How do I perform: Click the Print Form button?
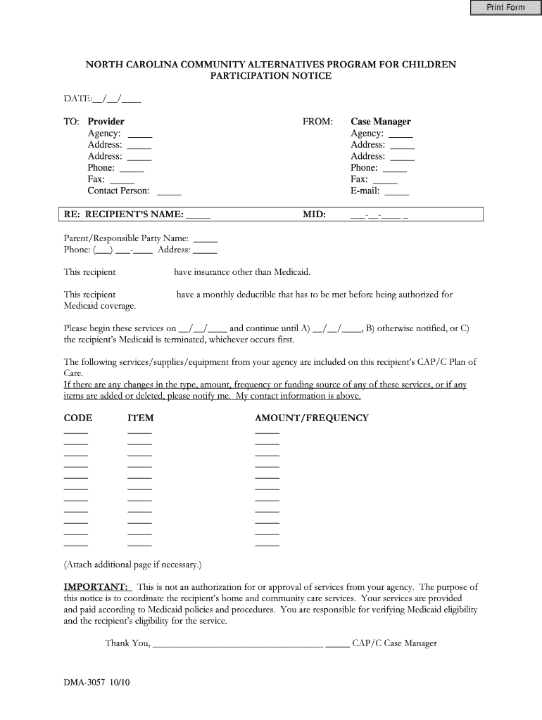504,8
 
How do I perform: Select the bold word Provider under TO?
106,122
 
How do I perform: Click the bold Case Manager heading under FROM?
380,122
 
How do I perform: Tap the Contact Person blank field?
169,191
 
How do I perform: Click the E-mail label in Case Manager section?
365,191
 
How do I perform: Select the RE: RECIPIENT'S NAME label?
124,214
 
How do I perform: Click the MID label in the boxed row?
314,214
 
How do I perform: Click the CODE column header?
78,418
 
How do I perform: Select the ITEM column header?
140,418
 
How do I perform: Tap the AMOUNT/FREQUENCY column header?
311,418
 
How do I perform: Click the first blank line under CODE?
76,432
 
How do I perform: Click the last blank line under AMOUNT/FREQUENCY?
267,545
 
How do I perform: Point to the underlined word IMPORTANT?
96,586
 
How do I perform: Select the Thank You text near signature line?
127,643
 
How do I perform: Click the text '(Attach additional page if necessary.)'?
132,564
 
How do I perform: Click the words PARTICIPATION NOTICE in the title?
271,75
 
